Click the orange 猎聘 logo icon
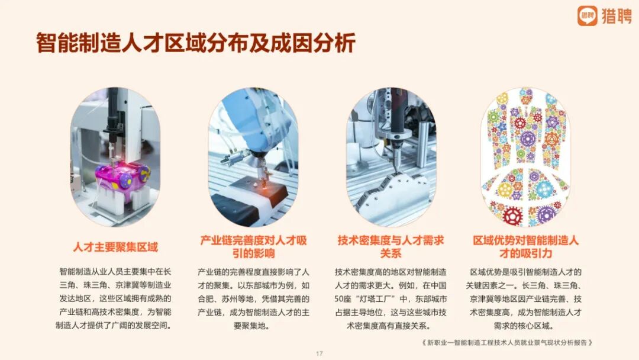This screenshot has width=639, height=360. (x=588, y=16)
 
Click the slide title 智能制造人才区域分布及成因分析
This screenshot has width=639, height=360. (x=196, y=43)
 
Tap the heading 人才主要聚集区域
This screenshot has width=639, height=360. (x=115, y=247)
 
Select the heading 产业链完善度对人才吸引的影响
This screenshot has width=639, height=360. (x=253, y=247)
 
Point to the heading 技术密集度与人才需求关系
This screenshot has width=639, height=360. (x=391, y=247)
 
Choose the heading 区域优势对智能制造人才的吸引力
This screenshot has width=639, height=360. (x=526, y=247)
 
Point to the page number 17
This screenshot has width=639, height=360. (x=319, y=353)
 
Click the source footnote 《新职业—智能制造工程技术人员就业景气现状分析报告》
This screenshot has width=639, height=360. (x=507, y=342)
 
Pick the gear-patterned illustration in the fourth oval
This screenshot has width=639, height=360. (x=525, y=157)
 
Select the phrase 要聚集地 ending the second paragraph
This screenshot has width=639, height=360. (x=251, y=326)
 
